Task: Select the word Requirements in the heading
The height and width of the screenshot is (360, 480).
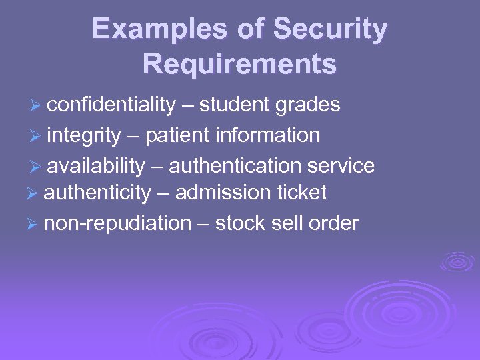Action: point(239,64)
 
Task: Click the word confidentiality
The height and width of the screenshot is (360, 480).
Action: point(111,105)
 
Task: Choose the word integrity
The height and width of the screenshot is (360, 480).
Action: point(84,136)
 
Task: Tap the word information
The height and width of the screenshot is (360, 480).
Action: point(268,136)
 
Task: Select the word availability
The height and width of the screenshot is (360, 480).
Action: point(96,165)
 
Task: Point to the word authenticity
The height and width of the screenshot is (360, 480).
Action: point(97,193)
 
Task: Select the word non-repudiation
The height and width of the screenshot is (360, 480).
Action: point(117,223)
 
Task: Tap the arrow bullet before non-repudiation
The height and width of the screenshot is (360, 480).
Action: point(33,224)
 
